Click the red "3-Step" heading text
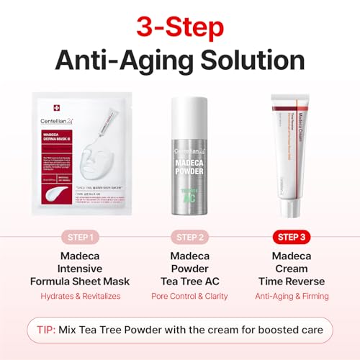tap(180, 27)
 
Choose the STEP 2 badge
tap(180, 237)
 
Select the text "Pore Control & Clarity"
tap(180, 296)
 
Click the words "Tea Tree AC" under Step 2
tap(180, 282)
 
